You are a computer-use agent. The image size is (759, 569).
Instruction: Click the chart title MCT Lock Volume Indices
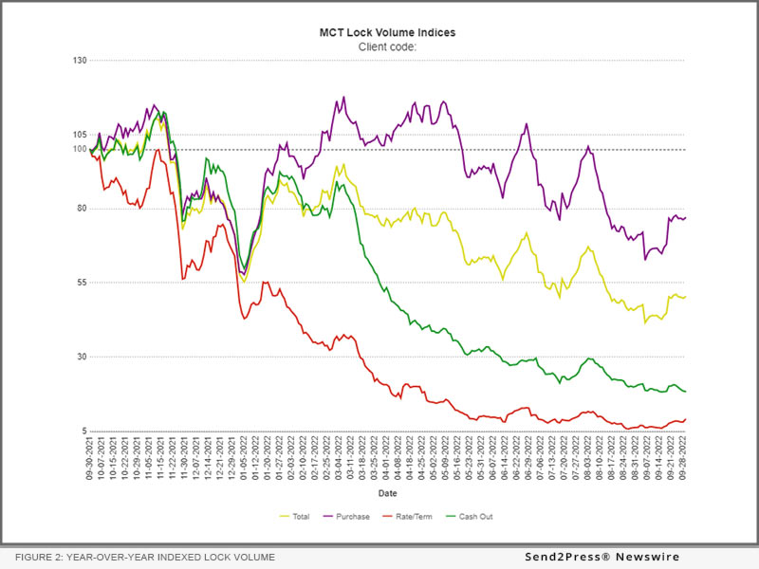click(386, 32)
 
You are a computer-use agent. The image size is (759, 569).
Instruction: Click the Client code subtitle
click(386, 46)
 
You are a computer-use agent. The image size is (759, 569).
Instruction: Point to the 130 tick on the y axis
click(79, 61)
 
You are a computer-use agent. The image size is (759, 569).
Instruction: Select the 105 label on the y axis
click(79, 135)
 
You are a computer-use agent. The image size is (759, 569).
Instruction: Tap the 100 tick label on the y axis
click(79, 149)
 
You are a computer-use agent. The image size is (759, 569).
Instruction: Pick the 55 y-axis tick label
click(82, 283)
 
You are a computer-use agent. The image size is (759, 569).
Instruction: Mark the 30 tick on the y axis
click(82, 357)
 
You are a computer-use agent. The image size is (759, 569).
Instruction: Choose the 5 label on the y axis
click(83, 431)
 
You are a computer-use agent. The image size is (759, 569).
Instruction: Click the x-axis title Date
click(388, 494)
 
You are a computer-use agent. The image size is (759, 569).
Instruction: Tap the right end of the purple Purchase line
click(686, 218)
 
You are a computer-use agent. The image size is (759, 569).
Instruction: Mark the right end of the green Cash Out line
click(686, 392)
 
